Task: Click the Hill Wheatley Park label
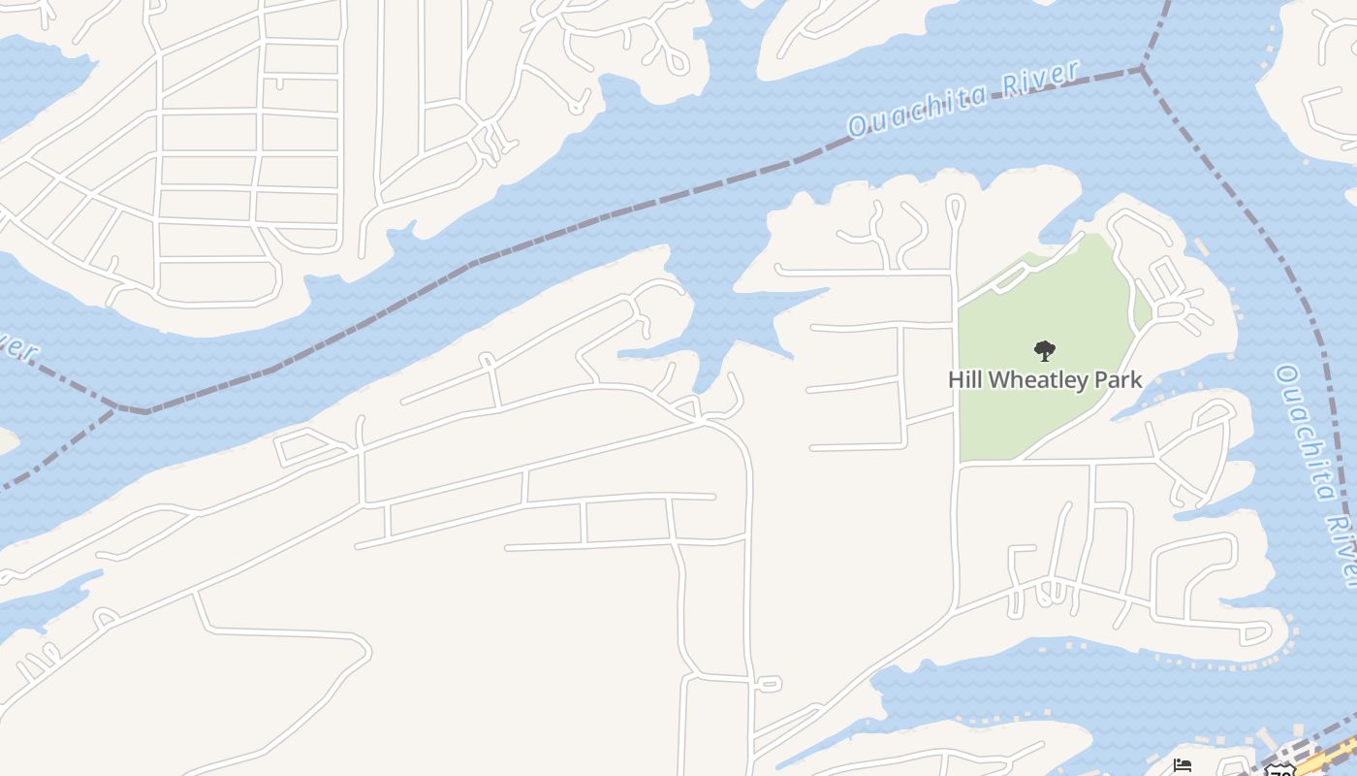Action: [1045, 379]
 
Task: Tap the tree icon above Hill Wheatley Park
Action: [1044, 350]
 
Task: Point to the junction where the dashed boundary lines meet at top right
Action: [1143, 70]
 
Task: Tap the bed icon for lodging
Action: [1182, 766]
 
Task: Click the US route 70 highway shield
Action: [1280, 771]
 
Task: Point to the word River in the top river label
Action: [1042, 79]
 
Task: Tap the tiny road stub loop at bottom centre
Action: [767, 684]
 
